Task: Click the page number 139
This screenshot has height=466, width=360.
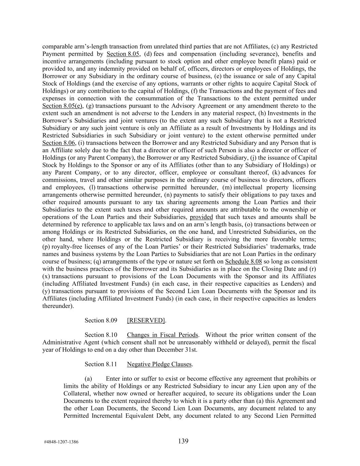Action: click(x=183, y=441)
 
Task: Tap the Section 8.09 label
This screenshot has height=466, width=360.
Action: click(x=101, y=320)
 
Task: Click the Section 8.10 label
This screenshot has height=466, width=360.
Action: click(x=101, y=335)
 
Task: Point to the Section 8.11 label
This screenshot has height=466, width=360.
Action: click(x=101, y=364)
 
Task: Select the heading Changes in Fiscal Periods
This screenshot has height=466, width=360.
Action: click(x=162, y=335)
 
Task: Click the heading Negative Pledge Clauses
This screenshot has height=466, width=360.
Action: click(x=159, y=364)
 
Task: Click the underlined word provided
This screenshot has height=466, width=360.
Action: click(x=201, y=217)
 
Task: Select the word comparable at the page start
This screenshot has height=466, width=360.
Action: click(x=57, y=46)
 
